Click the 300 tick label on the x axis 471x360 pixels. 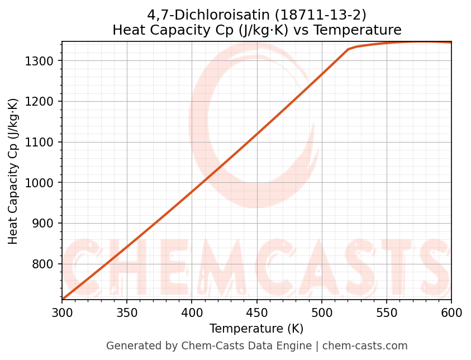(62, 313)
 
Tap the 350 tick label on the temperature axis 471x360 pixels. (127, 313)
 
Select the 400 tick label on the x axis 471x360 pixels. (192, 313)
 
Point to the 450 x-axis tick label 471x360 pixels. (256, 313)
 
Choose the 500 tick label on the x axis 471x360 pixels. (321, 313)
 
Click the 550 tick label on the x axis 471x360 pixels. (386, 313)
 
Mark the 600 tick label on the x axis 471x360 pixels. (451, 313)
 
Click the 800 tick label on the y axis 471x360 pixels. (45, 264)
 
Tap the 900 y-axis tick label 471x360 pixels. (45, 224)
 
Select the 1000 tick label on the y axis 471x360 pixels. (42, 183)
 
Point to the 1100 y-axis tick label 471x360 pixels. (42, 142)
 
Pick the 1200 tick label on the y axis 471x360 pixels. (42, 101)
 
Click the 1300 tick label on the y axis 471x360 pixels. (42, 60)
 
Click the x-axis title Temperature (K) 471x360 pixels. (256, 329)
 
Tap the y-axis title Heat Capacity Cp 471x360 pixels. (13, 170)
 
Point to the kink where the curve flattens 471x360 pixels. (348, 49)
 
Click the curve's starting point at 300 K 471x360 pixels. (63, 299)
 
